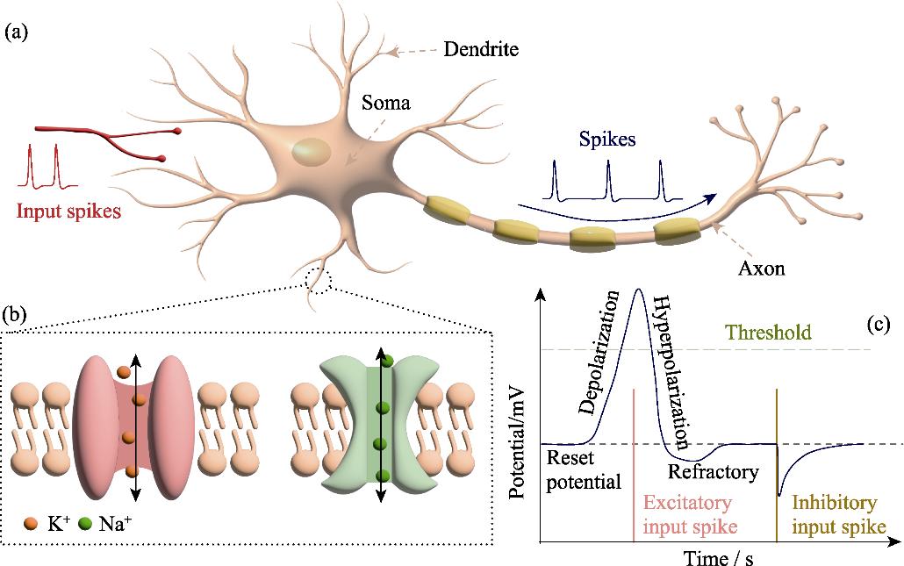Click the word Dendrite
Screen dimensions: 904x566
tap(481, 49)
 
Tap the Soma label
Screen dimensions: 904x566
tap(385, 104)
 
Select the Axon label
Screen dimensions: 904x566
tap(762, 269)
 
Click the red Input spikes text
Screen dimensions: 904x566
tap(68, 211)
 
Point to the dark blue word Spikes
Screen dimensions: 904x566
tap(607, 140)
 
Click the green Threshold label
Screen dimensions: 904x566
tap(768, 333)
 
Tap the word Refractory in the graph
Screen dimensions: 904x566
tap(714, 472)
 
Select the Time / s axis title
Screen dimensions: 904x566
tap(718, 557)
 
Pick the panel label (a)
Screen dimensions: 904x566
tap(16, 32)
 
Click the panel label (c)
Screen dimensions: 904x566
tap(878, 325)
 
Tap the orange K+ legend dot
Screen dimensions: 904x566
tap(31, 524)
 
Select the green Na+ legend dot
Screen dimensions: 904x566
tap(85, 524)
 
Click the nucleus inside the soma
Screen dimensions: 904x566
tap(312, 152)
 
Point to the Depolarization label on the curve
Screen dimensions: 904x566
tap(599, 353)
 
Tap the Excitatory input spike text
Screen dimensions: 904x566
tap(690, 514)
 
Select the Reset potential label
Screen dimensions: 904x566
tap(584, 469)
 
